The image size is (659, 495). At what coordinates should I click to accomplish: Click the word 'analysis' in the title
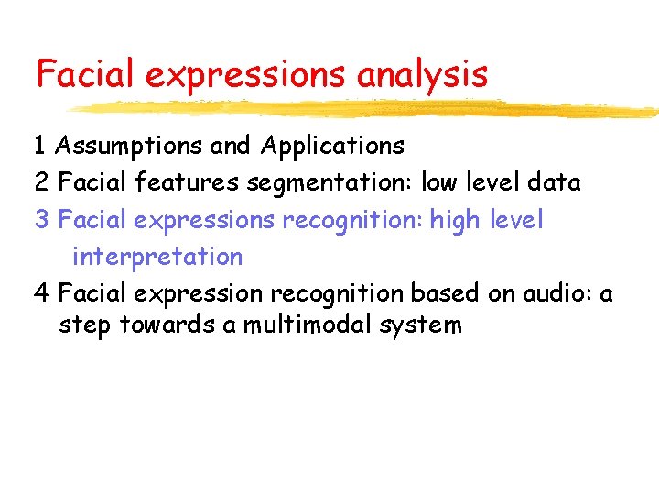tap(422, 74)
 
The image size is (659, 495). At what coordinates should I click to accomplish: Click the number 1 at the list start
tap(40, 146)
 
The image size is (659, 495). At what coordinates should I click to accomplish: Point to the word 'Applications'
tap(331, 146)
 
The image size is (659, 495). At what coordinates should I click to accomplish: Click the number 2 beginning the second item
tap(41, 183)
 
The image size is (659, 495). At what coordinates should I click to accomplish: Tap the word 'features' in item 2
tap(187, 183)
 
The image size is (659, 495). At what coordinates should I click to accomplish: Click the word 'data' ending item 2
tap(554, 183)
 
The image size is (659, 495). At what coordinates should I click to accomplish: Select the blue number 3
tap(41, 220)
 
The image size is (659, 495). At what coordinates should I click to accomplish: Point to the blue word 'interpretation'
tap(157, 257)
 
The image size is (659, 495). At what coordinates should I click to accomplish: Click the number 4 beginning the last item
tap(41, 293)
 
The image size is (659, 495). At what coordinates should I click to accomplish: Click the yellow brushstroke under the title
tap(366, 109)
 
